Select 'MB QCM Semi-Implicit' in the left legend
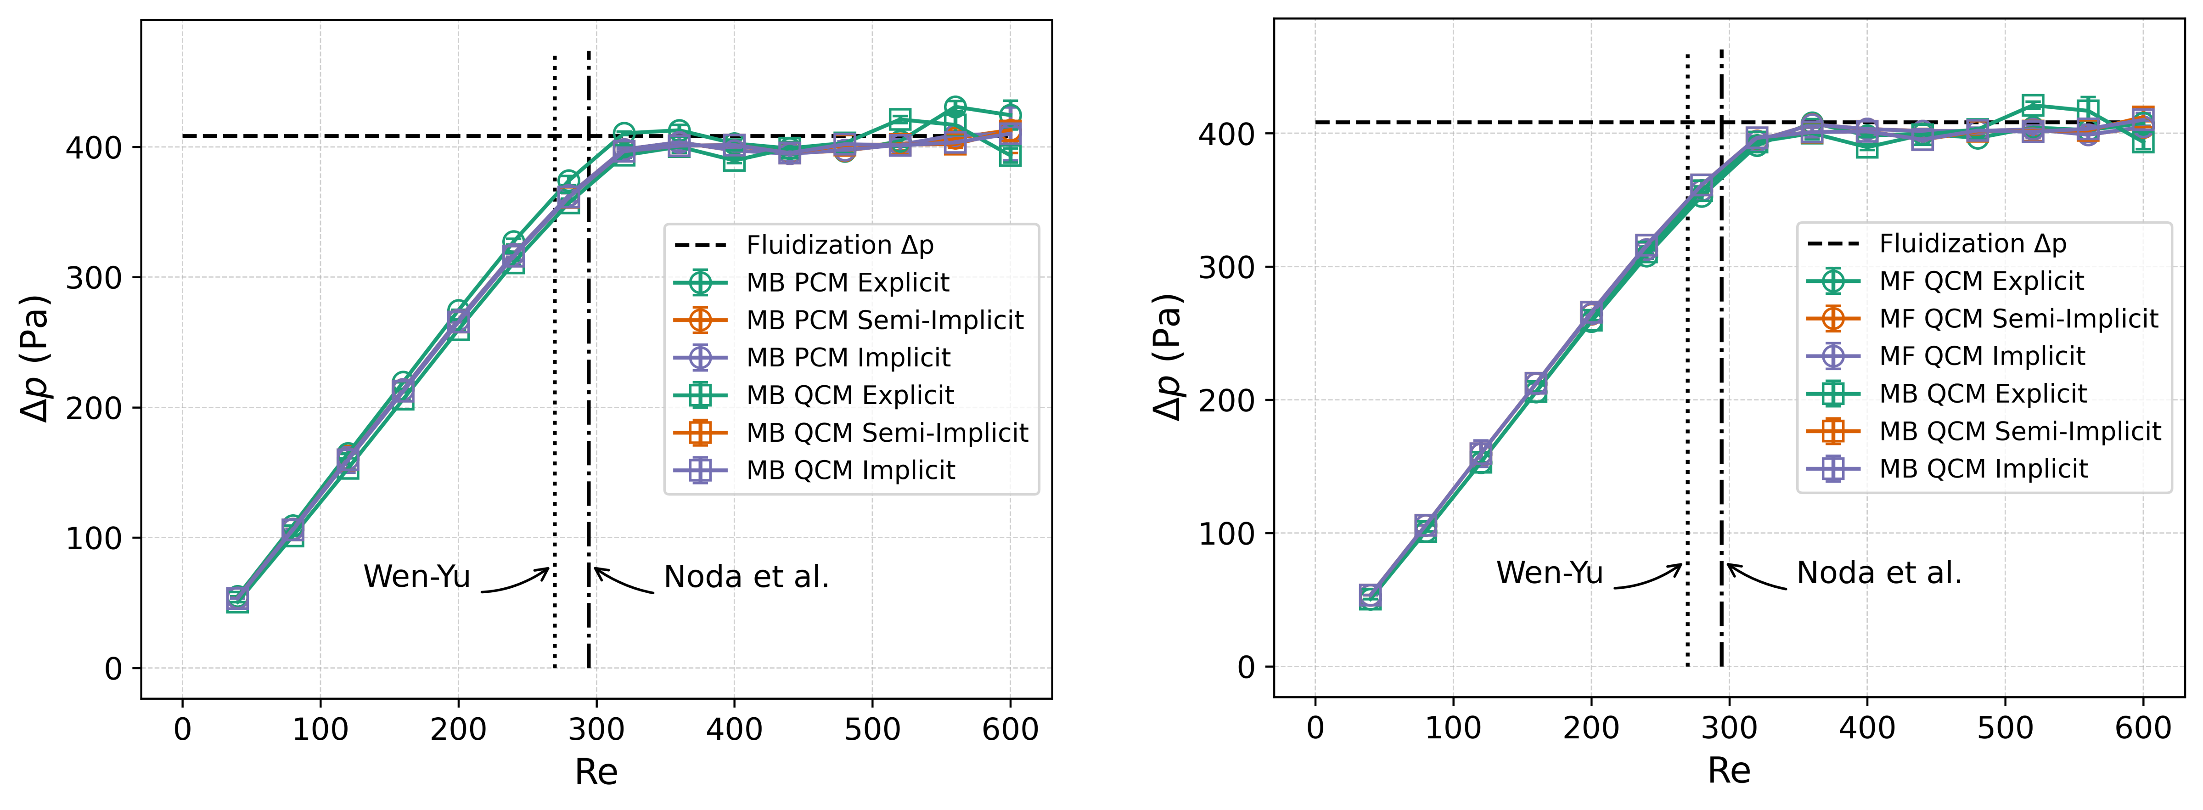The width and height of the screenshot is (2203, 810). point(887,433)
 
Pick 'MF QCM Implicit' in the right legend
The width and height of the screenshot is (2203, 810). point(1982,356)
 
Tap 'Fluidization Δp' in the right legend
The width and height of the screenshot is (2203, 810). point(1972,244)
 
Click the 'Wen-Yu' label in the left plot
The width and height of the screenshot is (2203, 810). point(416,576)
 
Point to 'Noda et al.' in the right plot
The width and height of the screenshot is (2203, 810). point(1879,573)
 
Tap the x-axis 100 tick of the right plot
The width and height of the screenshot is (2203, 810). point(1453,728)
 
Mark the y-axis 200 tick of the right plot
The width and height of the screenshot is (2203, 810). point(1225,400)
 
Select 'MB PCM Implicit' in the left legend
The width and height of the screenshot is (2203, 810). point(848,358)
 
